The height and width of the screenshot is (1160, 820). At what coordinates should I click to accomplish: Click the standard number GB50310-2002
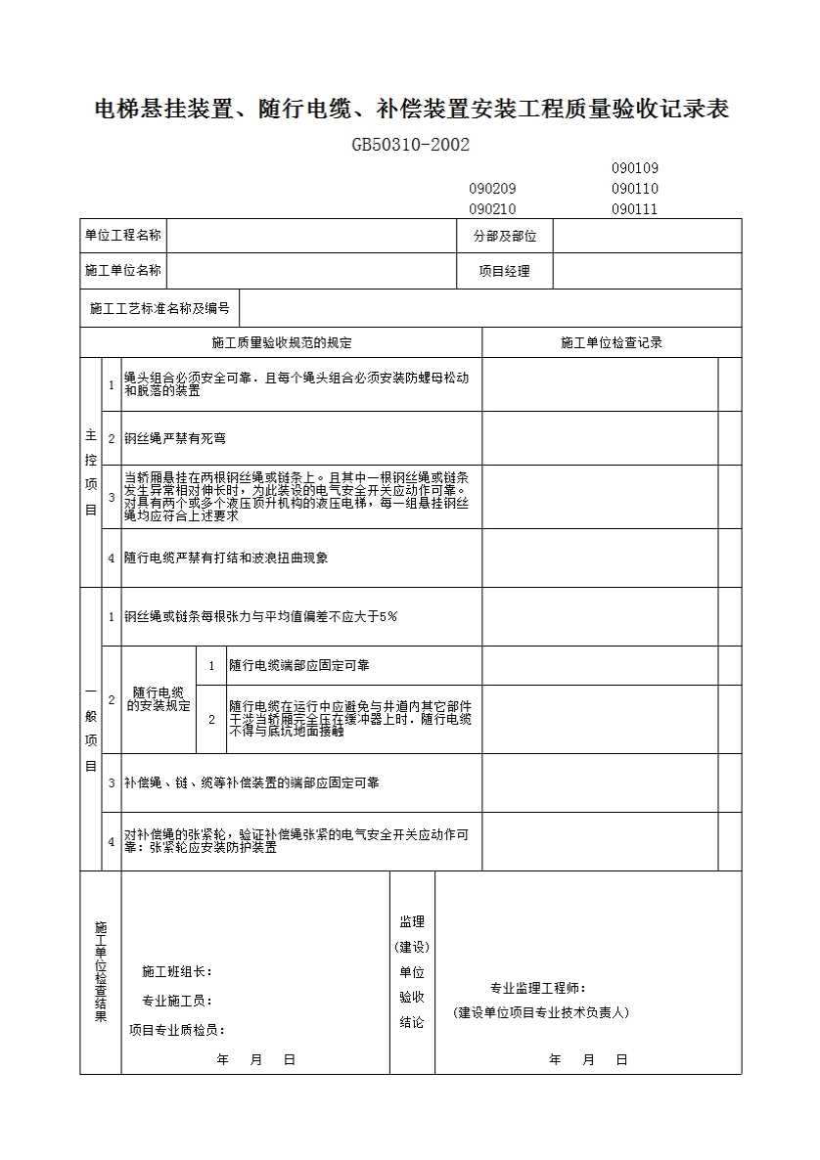coord(411,145)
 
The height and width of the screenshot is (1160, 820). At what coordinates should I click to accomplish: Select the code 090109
coord(634,168)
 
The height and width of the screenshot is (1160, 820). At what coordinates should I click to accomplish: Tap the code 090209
coord(492,189)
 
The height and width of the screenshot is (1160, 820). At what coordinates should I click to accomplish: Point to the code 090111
coord(634,209)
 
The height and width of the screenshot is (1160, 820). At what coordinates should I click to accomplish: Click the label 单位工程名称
coord(122,235)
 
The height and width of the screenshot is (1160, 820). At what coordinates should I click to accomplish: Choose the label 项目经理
coord(504,272)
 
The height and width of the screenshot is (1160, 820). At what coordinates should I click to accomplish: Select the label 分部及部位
coord(505,236)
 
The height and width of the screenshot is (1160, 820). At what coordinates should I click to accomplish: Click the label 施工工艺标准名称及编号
coord(159,308)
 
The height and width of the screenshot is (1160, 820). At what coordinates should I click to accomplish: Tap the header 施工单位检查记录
coord(612,343)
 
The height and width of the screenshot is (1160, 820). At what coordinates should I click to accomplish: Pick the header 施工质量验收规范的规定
coord(282,343)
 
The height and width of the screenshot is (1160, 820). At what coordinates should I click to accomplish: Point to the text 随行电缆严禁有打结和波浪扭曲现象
coord(226,558)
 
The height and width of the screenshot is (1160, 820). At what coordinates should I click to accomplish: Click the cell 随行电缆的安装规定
coord(159,699)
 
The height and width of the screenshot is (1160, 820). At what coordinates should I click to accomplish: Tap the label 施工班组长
coord(177,971)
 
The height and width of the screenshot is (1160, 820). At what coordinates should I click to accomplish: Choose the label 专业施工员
coord(177,1001)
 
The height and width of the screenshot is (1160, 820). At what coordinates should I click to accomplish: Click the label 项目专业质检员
coord(177,1030)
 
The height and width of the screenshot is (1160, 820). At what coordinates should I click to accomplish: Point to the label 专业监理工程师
coord(538,989)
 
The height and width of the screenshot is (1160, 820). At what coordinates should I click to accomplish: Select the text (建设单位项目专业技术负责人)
coord(541,1013)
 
